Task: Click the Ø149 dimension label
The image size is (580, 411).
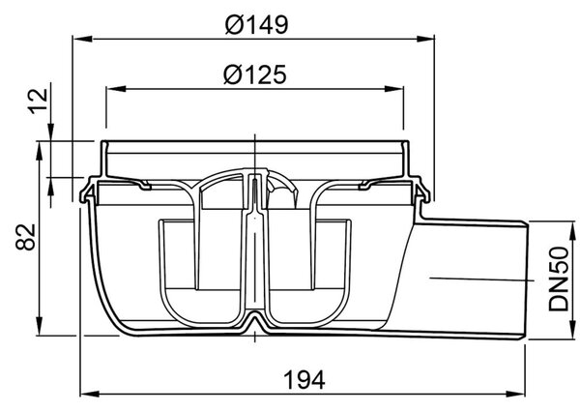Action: point(256,25)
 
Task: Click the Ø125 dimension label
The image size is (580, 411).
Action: point(255,74)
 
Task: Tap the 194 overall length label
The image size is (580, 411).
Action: point(304,379)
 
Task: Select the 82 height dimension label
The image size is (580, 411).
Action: point(26,237)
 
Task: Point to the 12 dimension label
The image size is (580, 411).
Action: point(39,101)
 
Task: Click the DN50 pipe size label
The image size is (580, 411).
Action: point(558,279)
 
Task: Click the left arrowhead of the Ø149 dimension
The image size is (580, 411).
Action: point(82,39)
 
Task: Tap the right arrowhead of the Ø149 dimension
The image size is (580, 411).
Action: point(425,39)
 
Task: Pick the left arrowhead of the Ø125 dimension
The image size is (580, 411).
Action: point(116,89)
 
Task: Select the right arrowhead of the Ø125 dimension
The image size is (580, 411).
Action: point(394,89)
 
